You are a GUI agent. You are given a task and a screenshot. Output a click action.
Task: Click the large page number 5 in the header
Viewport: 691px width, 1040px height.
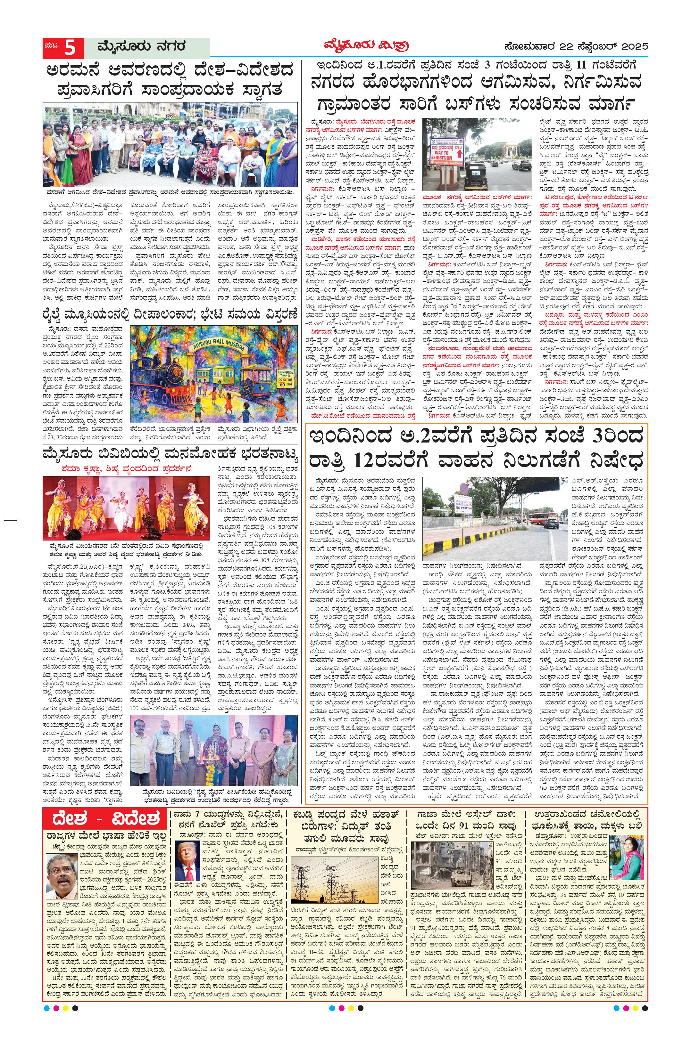coord(71,48)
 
